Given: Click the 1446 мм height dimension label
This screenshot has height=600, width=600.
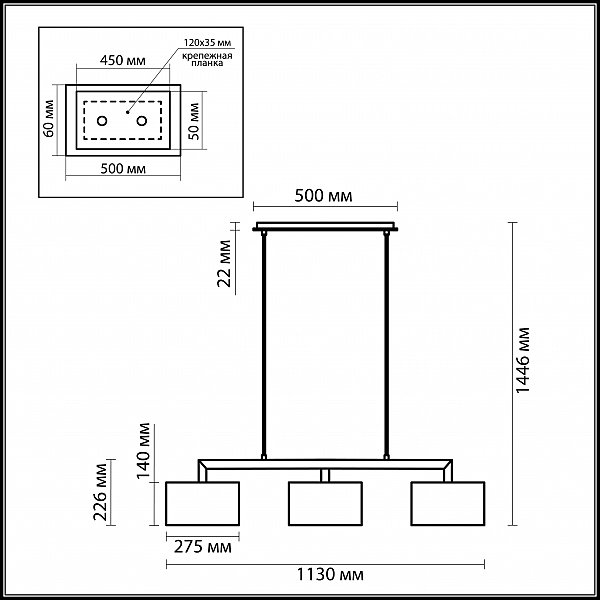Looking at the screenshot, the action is pyautogui.click(x=523, y=360).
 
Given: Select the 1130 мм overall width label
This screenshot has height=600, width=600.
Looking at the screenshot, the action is pyautogui.click(x=330, y=575).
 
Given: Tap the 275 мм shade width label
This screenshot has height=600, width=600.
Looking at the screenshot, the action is pyautogui.click(x=202, y=547).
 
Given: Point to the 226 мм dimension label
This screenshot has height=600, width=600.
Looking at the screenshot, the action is pyautogui.click(x=101, y=492).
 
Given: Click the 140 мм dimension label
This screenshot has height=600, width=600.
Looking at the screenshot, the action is pyautogui.click(x=145, y=450).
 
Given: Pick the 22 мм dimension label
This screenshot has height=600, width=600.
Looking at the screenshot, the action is pyautogui.click(x=224, y=263).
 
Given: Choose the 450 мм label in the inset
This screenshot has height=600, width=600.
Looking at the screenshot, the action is pyautogui.click(x=122, y=60).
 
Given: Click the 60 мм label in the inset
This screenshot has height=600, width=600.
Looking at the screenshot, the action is pyautogui.click(x=49, y=118).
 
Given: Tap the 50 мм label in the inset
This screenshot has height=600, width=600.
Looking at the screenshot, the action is pyautogui.click(x=194, y=121).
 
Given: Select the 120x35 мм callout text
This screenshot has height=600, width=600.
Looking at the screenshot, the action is pyautogui.click(x=207, y=42).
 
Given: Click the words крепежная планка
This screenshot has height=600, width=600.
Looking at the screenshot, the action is pyautogui.click(x=207, y=59).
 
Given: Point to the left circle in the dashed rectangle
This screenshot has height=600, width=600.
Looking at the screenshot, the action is pyautogui.click(x=102, y=121).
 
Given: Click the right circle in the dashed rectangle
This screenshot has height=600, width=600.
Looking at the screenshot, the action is pyautogui.click(x=142, y=121).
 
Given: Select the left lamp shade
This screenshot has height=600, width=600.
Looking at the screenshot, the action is pyautogui.click(x=202, y=503).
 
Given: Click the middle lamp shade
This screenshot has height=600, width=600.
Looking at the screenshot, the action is pyautogui.click(x=325, y=503).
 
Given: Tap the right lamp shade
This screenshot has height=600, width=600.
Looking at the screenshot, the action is pyautogui.click(x=448, y=503).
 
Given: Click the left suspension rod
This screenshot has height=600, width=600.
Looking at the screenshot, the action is pyautogui.click(x=264, y=344).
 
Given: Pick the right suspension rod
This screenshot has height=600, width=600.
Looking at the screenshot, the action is pyautogui.click(x=386, y=344).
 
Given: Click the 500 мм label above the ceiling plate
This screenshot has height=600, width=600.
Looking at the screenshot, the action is pyautogui.click(x=323, y=196).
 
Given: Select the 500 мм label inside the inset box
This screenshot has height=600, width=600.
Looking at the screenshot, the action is pyautogui.click(x=123, y=168).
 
